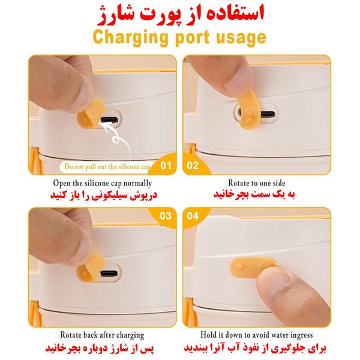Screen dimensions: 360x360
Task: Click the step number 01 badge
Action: [166, 166]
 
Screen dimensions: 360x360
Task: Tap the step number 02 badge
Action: [193, 166]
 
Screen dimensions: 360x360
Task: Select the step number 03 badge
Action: [166, 216]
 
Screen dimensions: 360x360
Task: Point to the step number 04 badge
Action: [193, 216]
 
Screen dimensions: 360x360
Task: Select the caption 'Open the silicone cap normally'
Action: [103, 184]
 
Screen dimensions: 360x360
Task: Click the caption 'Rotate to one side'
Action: [257, 183]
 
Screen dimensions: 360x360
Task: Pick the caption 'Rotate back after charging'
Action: [102, 335]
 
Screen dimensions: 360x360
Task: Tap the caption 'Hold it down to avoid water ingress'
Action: [256, 335]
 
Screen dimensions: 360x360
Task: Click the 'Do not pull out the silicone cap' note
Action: [107, 167]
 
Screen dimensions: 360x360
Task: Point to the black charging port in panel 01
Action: [110, 119]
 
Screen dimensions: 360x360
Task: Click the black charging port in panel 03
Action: [109, 274]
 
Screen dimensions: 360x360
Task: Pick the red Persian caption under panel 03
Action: [100, 349]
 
